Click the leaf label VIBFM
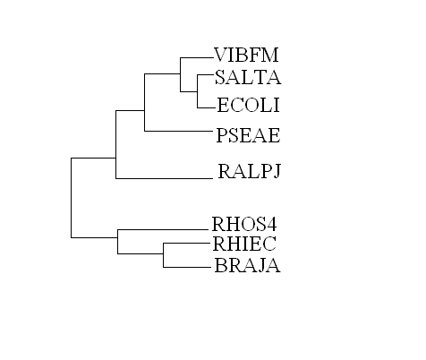246,55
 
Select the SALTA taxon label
248,77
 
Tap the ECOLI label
248,105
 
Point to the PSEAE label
248,135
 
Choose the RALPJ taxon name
250,171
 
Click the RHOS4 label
244,224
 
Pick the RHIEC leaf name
244,244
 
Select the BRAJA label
247,265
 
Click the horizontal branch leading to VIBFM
197,57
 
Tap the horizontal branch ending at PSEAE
178,131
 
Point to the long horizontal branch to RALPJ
165,178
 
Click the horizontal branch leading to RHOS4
163,230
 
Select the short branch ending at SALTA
206,74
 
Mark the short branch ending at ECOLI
207,107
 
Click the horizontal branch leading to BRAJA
187,267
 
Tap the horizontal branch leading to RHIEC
187,244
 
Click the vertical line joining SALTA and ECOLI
198,91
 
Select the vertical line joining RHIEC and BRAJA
164,255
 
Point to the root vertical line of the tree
72,198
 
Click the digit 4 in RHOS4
271,224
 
